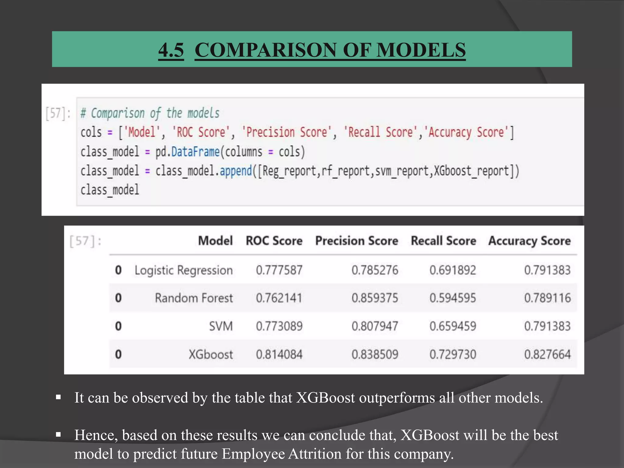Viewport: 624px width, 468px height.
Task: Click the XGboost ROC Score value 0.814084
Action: (279, 354)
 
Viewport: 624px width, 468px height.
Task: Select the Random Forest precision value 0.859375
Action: (375, 298)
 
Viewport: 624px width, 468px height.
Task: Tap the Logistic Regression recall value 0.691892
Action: (452, 270)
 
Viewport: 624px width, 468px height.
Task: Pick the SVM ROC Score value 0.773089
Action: (279, 326)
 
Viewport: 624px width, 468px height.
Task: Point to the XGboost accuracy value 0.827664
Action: (547, 354)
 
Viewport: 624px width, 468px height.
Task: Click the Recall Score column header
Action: (443, 241)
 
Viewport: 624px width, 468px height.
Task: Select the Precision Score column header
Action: (356, 241)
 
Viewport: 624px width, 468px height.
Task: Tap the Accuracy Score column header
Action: (530, 241)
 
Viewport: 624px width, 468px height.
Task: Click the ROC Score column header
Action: (274, 241)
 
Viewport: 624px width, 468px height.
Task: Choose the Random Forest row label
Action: (194, 298)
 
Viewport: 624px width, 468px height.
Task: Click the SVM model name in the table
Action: (221, 326)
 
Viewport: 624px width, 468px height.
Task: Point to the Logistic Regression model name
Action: (183, 270)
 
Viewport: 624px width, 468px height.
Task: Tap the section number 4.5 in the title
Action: (171, 50)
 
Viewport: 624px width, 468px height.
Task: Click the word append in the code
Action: (236, 171)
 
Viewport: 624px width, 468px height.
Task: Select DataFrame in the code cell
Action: (195, 152)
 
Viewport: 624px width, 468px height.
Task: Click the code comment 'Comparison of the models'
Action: (150, 113)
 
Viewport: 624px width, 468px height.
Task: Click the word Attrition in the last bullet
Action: (315, 454)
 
